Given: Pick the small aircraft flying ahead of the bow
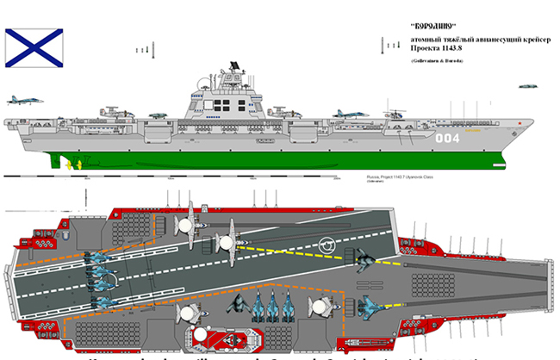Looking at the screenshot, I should pos(528,85).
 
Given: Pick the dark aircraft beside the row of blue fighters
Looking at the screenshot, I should pos(235,305).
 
